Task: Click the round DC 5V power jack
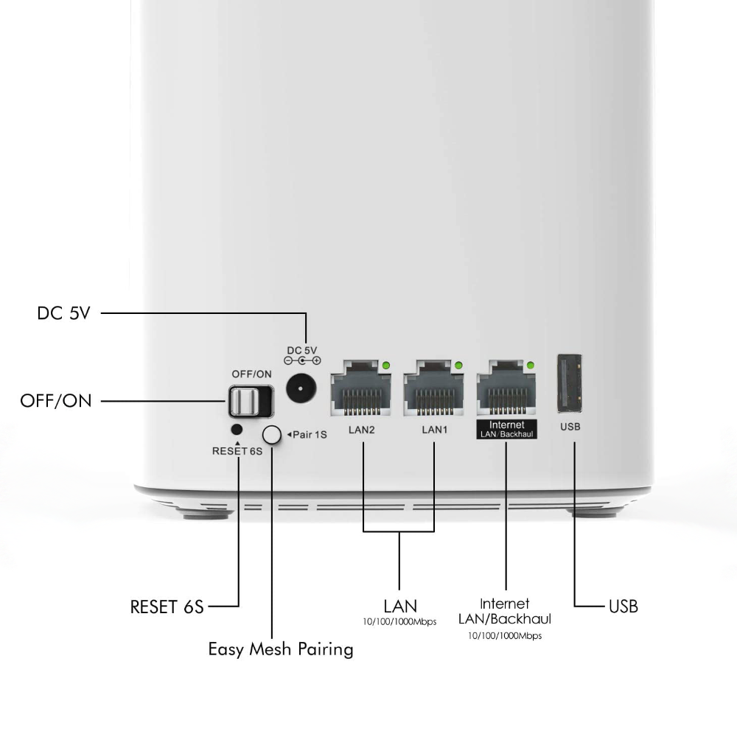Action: pyautogui.click(x=301, y=388)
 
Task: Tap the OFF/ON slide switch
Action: pyautogui.click(x=251, y=402)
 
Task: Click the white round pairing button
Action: pyautogui.click(x=272, y=435)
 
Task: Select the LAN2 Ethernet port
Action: pyautogui.click(x=361, y=388)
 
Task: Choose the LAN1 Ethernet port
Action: pyautogui.click(x=434, y=388)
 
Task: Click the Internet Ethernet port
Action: pyautogui.click(x=506, y=388)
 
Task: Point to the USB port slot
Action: pyautogui.click(x=570, y=383)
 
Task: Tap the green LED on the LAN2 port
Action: pyautogui.click(x=386, y=366)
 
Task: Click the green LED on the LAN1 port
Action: pyautogui.click(x=458, y=366)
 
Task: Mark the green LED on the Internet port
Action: pyautogui.click(x=531, y=366)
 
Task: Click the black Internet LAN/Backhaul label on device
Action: pyautogui.click(x=507, y=429)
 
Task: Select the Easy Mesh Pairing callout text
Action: pyautogui.click(x=281, y=649)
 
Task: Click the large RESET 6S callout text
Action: pyautogui.click(x=167, y=607)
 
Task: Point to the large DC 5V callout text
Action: pyautogui.click(x=63, y=313)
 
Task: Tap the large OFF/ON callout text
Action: pyautogui.click(x=56, y=401)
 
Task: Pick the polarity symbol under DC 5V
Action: pyautogui.click(x=302, y=360)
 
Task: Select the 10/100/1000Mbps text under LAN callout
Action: pyautogui.click(x=399, y=622)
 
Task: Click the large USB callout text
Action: pyautogui.click(x=624, y=607)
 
